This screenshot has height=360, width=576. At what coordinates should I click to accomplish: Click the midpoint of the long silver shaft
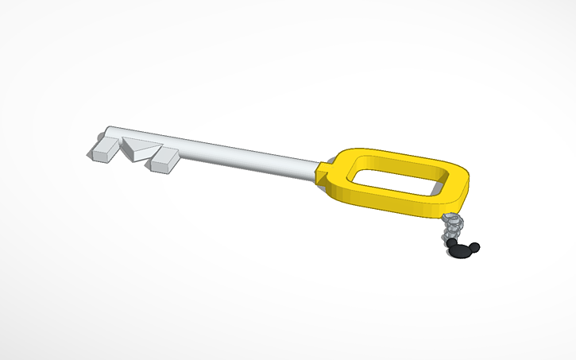[x=215, y=151]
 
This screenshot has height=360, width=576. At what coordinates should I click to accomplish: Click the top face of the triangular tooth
[x=140, y=144]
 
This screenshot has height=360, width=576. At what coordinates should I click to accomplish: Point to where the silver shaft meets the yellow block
[x=315, y=168]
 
